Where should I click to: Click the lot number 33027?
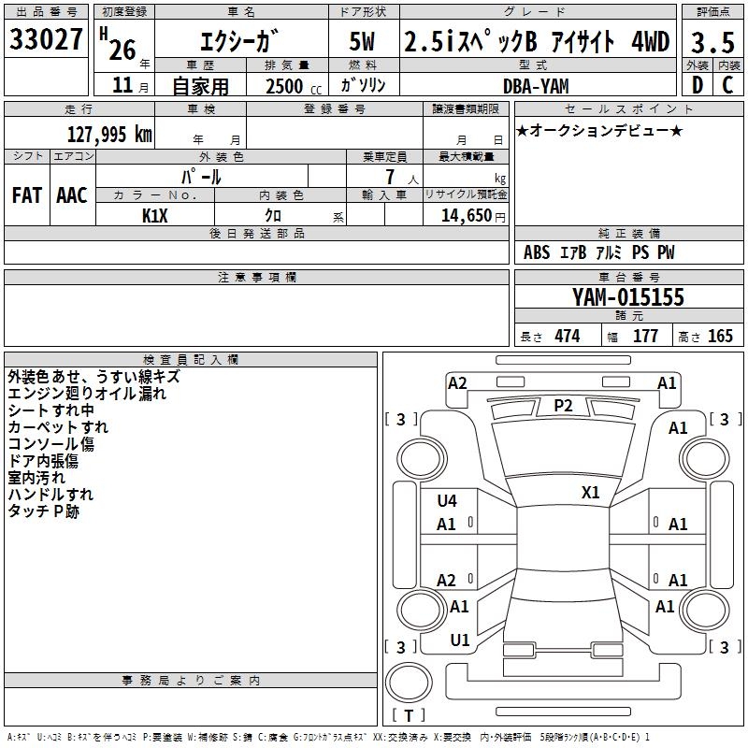46,39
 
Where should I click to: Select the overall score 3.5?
712,43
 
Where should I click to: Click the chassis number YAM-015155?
628,298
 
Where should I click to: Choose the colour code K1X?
154,216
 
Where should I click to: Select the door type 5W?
364,42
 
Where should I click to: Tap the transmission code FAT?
26,195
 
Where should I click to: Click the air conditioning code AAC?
71,195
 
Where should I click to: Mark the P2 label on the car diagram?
563,405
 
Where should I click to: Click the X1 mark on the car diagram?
591,492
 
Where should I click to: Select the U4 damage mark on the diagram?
447,501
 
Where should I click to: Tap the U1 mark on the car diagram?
460,640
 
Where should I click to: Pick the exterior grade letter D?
696,85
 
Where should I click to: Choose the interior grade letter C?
727,85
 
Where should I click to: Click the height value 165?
720,337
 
